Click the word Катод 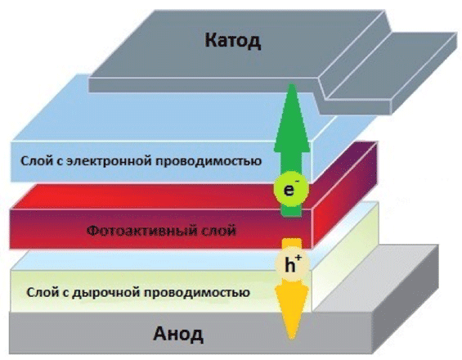pyautogui.click(x=233, y=40)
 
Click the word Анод pyautogui.click(x=178, y=334)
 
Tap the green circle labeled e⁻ pyautogui.click(x=291, y=189)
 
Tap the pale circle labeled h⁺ pyautogui.click(x=292, y=264)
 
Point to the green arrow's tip pyautogui.click(x=291, y=84)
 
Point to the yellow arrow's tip pyautogui.click(x=292, y=339)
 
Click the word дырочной pyautogui.click(x=108, y=292)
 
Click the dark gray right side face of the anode pyautogui.click(x=406, y=304)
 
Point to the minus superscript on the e pyautogui.click(x=298, y=180)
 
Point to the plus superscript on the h pyautogui.click(x=298, y=258)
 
